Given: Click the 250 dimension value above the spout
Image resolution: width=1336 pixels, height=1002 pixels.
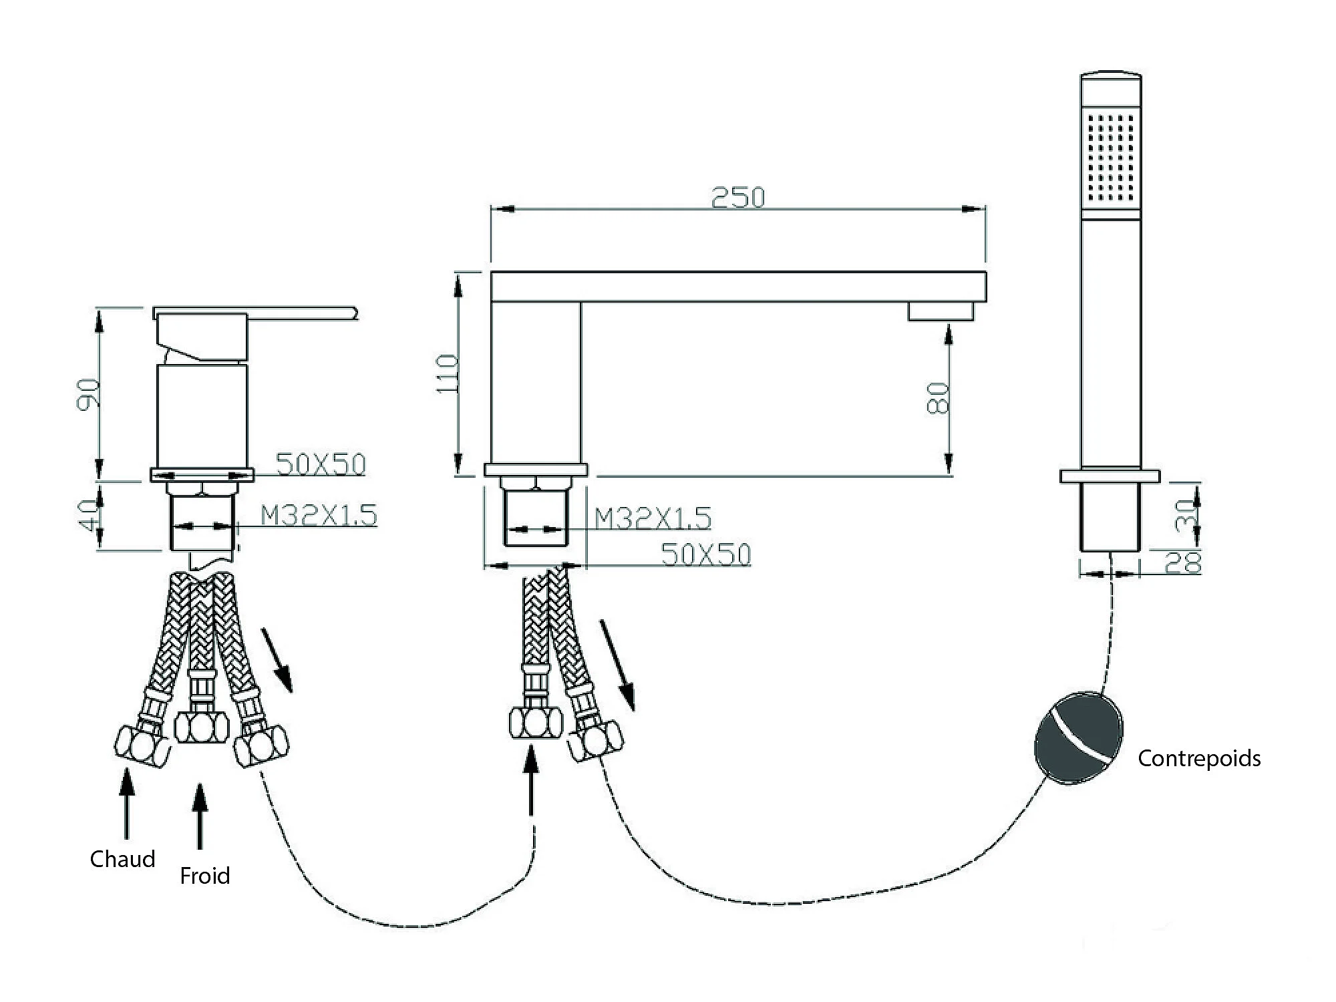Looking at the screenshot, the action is point(737,198).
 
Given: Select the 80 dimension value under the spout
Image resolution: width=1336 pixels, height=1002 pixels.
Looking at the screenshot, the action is point(939,398).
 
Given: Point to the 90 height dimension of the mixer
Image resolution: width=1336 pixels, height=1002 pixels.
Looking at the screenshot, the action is point(89,394).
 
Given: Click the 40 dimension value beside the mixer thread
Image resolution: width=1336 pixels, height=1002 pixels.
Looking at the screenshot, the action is point(89,514).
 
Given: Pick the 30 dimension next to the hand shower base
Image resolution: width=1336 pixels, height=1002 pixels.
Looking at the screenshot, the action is point(1183,515).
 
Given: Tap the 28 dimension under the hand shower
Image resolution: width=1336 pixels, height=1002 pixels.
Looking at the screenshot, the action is point(1183,563).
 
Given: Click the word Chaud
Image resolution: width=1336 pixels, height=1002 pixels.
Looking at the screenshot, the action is point(122,858).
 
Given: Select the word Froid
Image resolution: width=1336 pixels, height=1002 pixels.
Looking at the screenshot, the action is point(204,876).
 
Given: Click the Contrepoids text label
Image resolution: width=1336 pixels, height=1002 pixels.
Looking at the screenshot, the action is point(1199,759).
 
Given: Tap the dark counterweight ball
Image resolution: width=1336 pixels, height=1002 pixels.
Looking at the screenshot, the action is point(1078,737).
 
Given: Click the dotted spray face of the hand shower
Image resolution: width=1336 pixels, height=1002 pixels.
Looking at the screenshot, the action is point(1111,158).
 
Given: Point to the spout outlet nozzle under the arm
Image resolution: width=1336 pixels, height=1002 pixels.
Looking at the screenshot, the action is point(941,312).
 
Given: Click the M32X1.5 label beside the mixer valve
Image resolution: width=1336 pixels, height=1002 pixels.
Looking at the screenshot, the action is point(319,516).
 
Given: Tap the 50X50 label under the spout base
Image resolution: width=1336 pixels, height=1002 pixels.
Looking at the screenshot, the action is point(706,554).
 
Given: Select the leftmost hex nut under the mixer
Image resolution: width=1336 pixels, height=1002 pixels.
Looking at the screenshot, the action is point(142,745).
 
